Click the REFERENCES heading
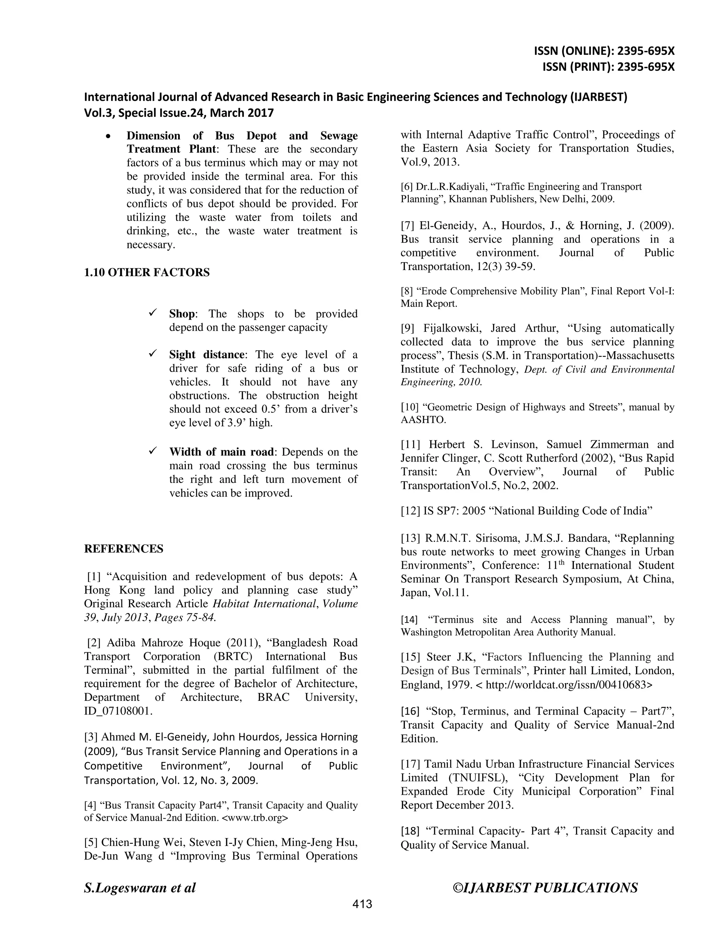pos(124,549)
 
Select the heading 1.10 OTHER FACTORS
pos(147,272)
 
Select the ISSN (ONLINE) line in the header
pos(604,51)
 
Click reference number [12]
pos(410,511)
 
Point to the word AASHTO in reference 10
pos(423,419)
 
